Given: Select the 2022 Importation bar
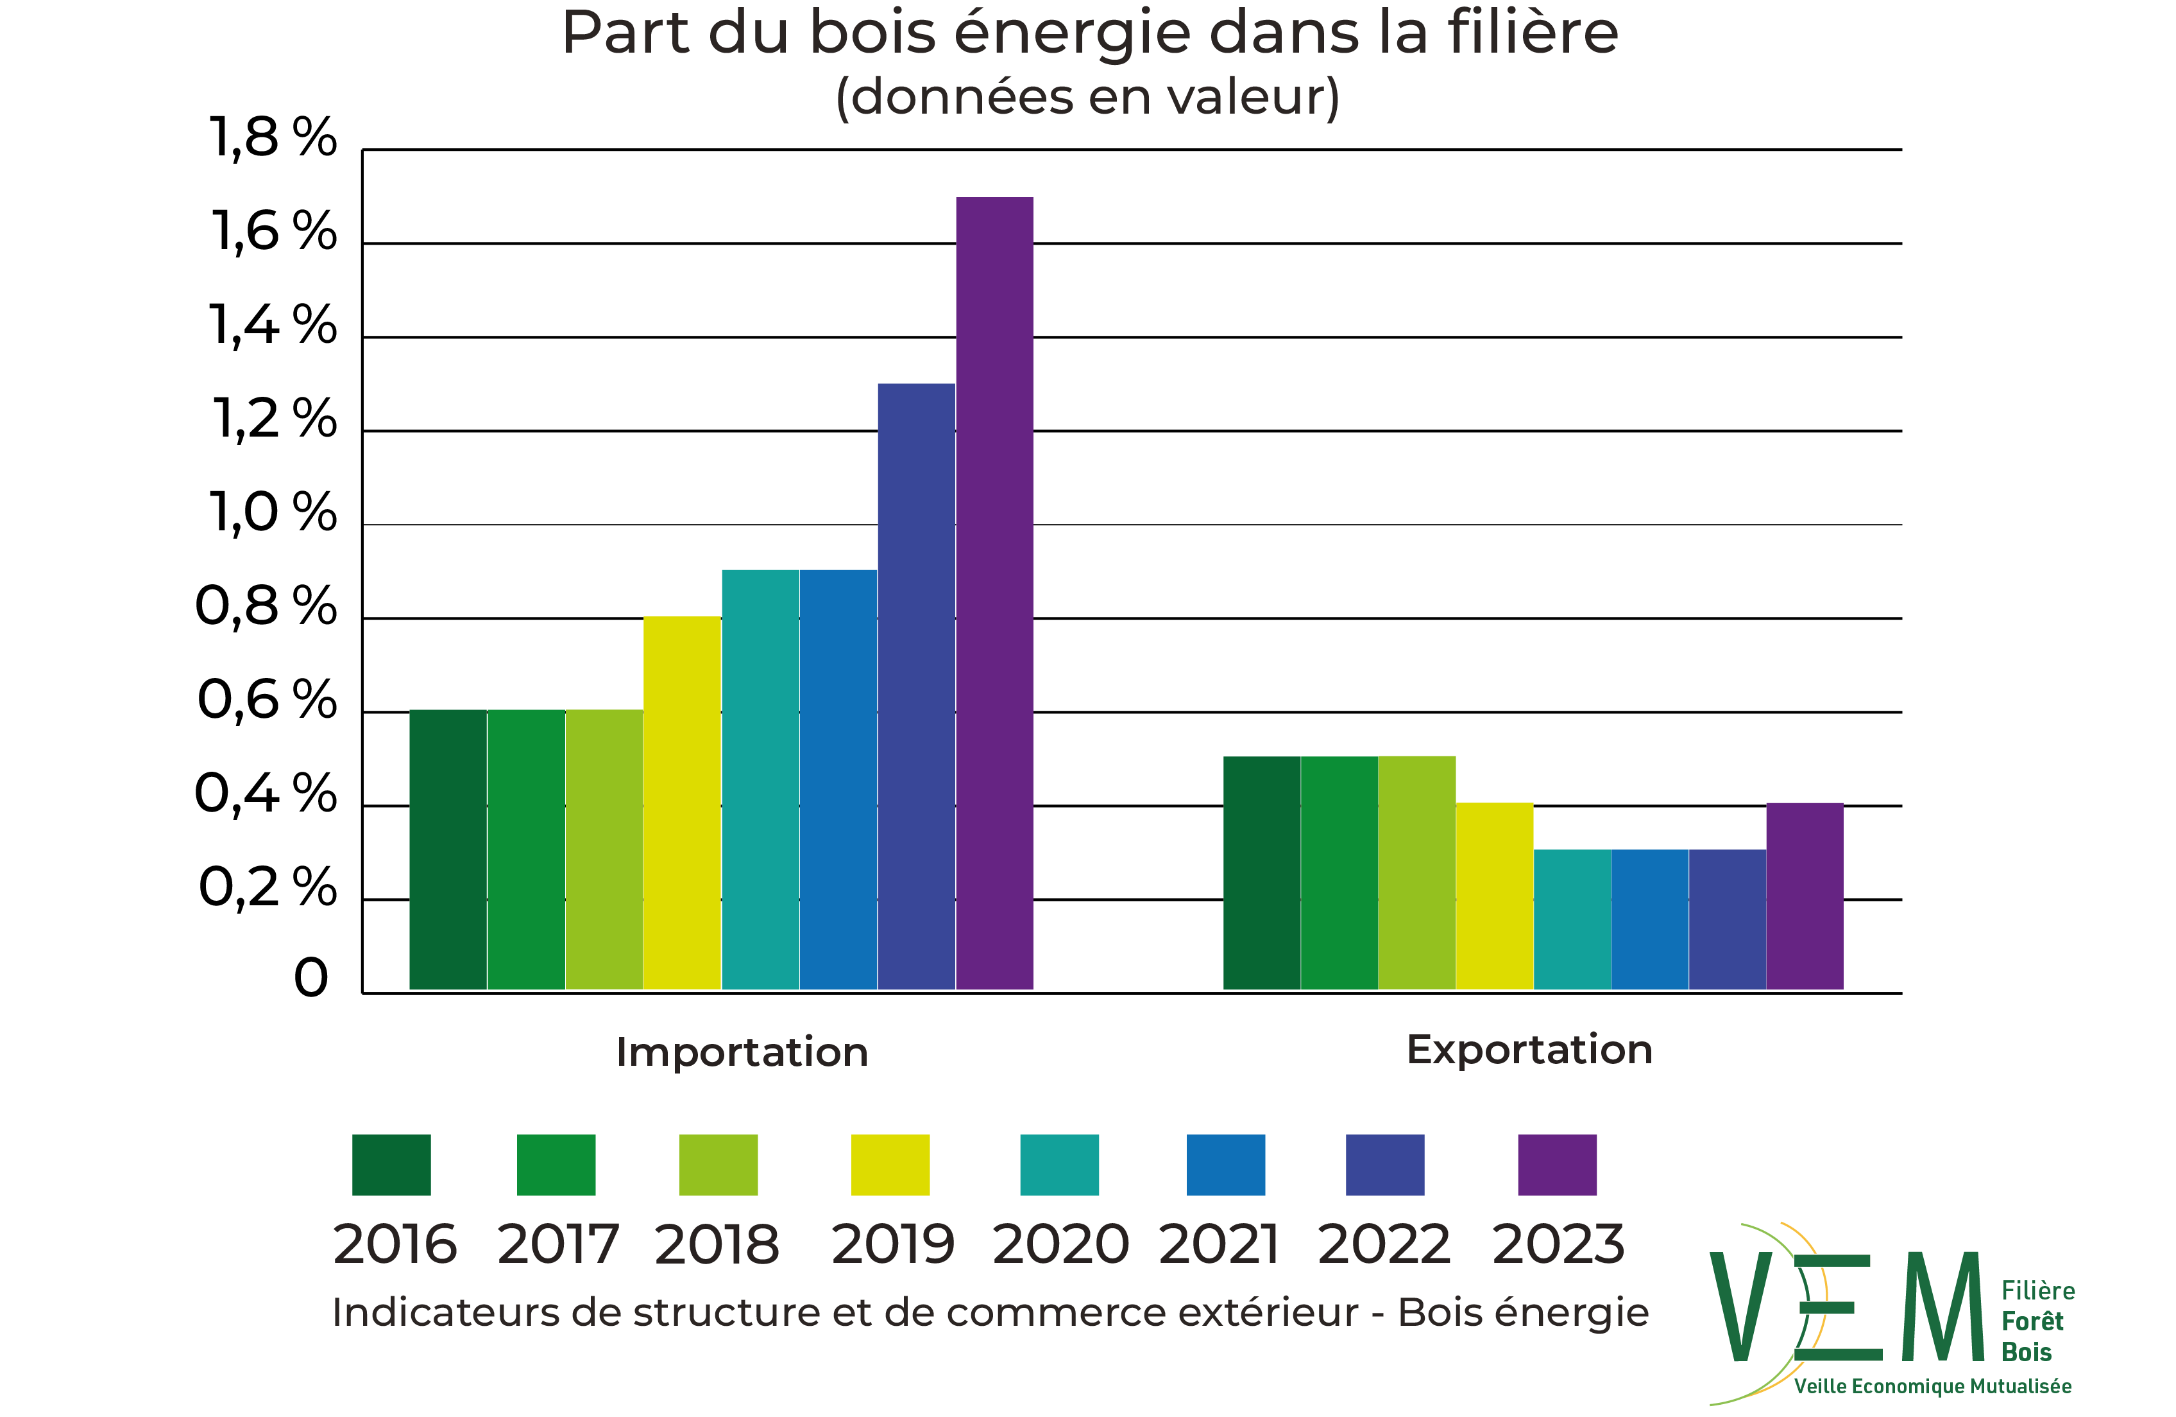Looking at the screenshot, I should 916,686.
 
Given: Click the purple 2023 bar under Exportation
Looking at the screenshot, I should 1805,896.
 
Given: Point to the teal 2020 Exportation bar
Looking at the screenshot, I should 1572,919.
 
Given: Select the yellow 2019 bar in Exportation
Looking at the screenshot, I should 1495,896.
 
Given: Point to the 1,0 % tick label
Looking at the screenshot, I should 273,512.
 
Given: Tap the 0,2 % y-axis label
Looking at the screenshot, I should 267,887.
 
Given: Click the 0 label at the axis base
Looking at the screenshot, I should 311,978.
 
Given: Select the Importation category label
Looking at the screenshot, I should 742,1052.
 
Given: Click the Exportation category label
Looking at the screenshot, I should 1529,1049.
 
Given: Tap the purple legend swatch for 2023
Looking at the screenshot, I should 1557,1165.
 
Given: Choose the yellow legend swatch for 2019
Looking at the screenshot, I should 890,1165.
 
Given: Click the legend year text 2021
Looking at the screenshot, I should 1219,1244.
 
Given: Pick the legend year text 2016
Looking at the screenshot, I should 395,1244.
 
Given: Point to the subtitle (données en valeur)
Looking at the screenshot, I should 1087,97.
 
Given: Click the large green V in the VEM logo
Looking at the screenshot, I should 1741,1307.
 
